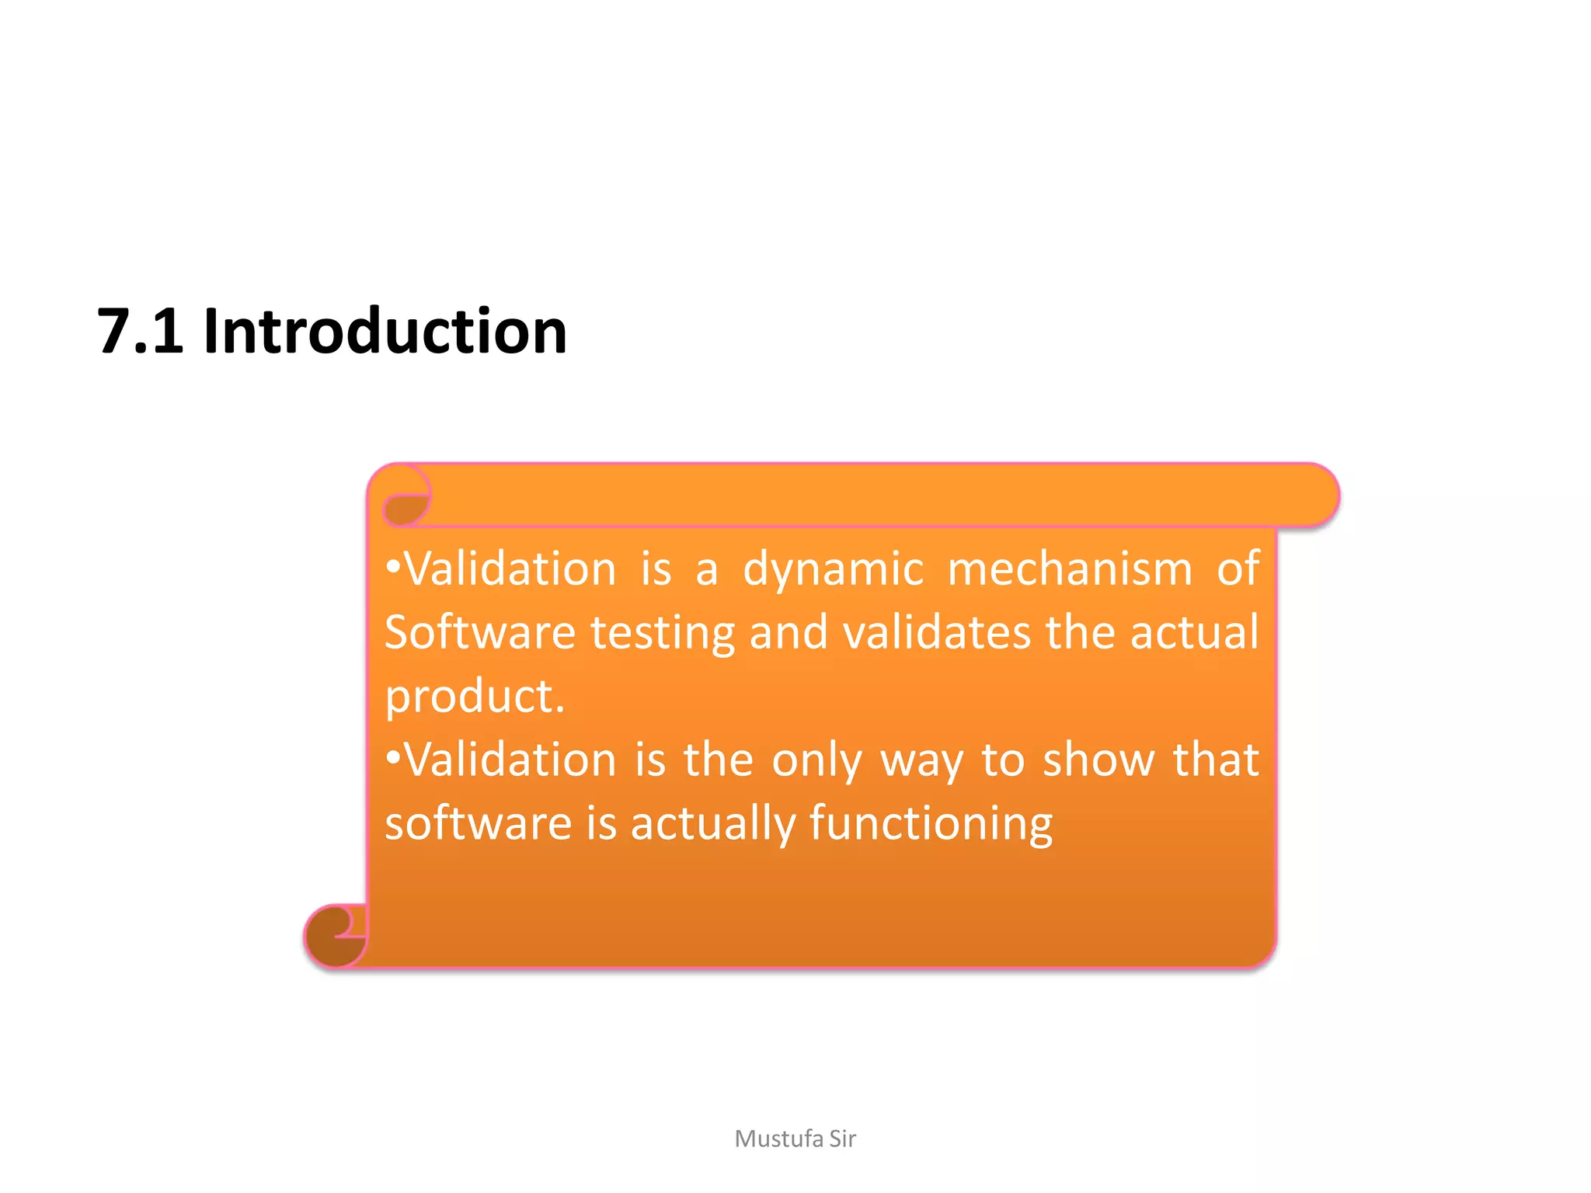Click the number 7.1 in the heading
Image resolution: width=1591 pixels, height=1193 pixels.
140,332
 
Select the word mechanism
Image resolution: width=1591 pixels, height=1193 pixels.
1070,569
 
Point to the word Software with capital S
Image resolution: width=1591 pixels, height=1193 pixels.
479,632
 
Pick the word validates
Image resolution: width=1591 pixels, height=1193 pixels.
936,632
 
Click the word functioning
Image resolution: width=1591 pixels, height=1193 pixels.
931,824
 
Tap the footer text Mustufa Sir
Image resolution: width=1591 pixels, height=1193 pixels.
795,1139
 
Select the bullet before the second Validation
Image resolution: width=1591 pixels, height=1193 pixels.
393,758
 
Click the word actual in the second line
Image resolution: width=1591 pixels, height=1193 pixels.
1194,632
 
